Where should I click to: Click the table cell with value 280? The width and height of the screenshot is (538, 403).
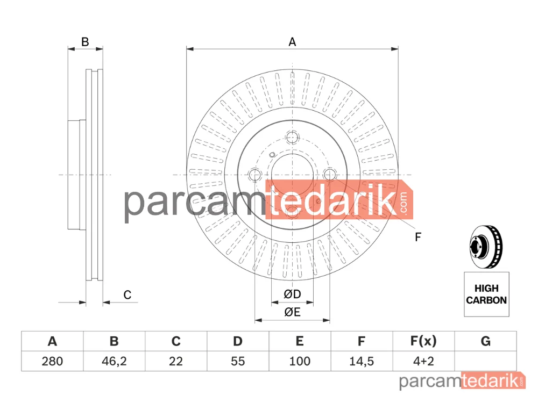click(x=52, y=361)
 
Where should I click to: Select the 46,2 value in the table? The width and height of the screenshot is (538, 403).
click(x=114, y=361)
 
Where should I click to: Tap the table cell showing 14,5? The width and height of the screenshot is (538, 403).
click(x=362, y=361)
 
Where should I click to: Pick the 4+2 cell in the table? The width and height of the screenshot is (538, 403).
click(x=423, y=361)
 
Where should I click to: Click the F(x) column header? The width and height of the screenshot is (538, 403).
click(x=423, y=341)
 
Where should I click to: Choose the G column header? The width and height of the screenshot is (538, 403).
click(x=485, y=341)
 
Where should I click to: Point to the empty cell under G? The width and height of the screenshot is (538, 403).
click(x=485, y=361)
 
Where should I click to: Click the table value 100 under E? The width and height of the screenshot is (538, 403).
click(x=300, y=361)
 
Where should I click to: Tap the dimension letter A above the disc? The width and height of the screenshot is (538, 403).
click(x=292, y=42)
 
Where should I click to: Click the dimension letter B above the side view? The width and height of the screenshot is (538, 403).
click(x=85, y=42)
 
